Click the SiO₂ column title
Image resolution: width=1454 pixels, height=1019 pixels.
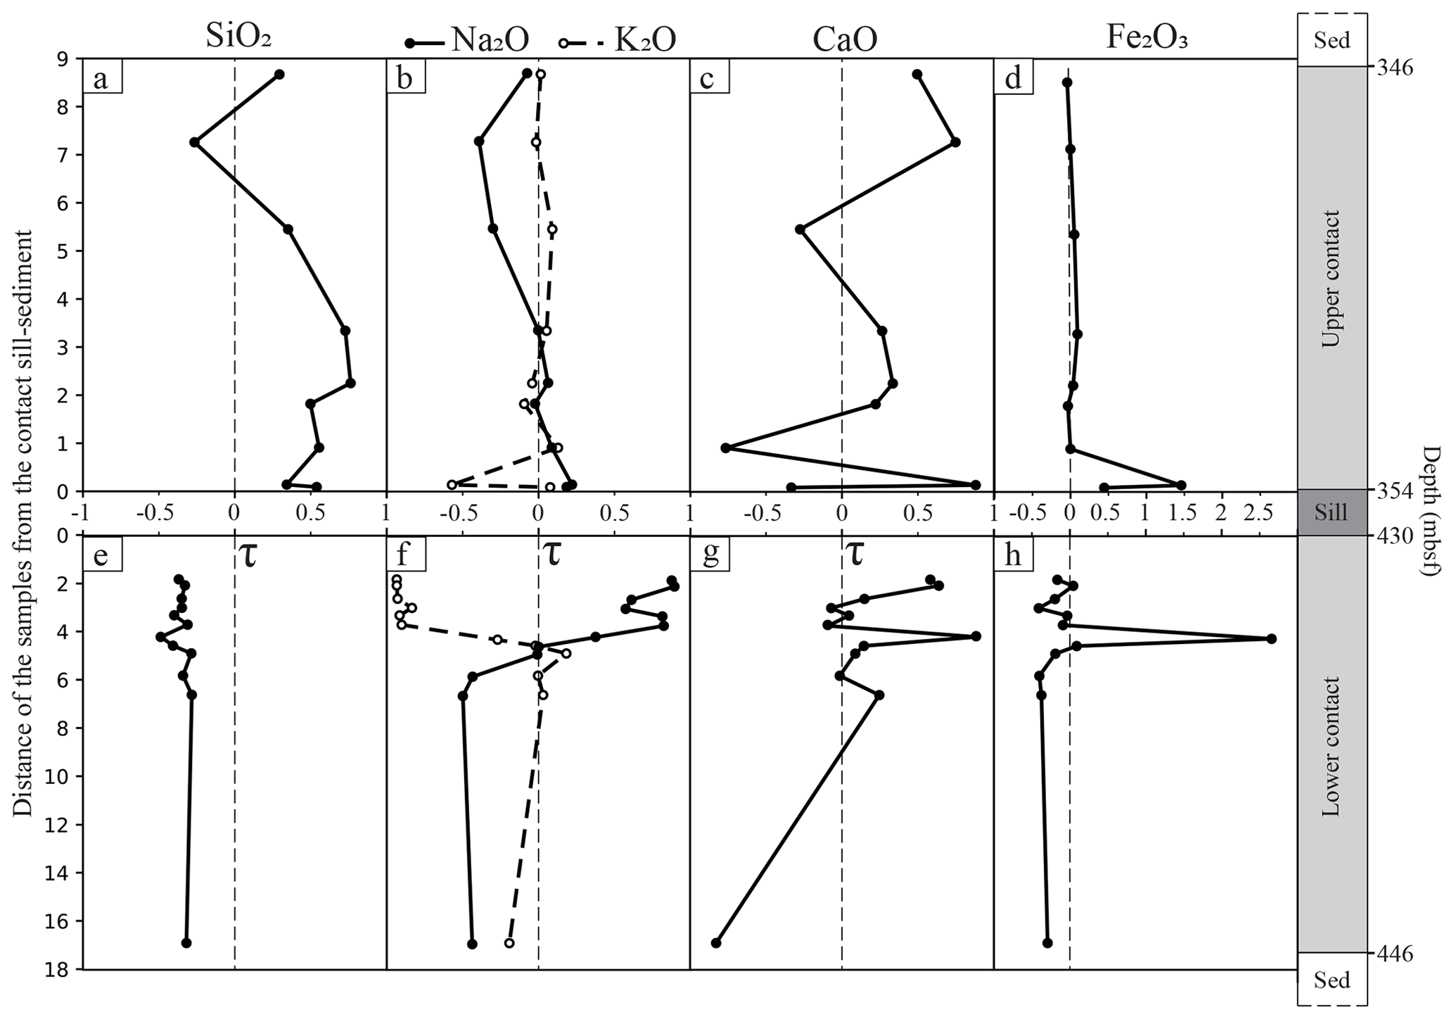(238, 39)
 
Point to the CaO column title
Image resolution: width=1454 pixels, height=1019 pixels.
(845, 40)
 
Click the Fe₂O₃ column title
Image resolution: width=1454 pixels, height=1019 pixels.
(1147, 39)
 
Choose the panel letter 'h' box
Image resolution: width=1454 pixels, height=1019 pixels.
(1013, 555)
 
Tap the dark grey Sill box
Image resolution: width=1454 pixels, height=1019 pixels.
(1332, 512)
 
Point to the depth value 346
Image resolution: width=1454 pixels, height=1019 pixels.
(1392, 68)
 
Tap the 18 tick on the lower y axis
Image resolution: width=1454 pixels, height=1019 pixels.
(65, 970)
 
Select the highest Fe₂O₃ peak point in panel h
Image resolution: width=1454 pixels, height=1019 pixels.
(1271, 638)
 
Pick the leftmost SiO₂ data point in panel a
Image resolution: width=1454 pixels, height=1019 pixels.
(195, 142)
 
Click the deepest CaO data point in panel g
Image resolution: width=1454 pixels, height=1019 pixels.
(716, 943)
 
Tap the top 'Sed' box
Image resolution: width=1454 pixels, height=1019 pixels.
(1332, 40)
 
